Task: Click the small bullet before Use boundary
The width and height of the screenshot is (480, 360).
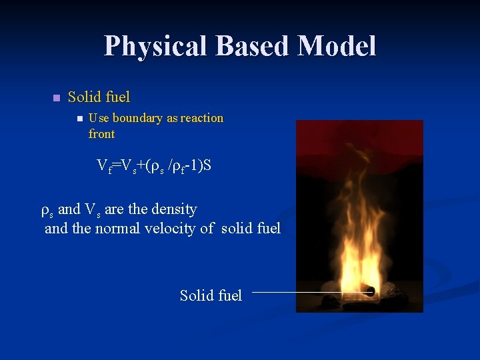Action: [79, 119]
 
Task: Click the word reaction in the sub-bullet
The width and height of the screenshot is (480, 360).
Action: [202, 118]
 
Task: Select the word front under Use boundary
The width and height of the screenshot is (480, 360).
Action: [101, 134]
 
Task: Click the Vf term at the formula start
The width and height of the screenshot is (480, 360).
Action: [104, 166]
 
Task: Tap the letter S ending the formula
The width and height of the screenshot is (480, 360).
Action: [207, 165]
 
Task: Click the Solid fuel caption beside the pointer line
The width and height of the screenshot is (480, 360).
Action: [211, 295]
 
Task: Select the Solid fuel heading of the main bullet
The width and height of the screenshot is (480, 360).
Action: [99, 97]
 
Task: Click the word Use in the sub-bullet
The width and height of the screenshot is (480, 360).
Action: [99, 118]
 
